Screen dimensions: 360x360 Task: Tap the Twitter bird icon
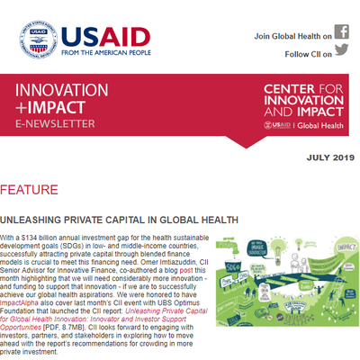341,53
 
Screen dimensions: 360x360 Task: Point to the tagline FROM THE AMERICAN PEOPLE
115,50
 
